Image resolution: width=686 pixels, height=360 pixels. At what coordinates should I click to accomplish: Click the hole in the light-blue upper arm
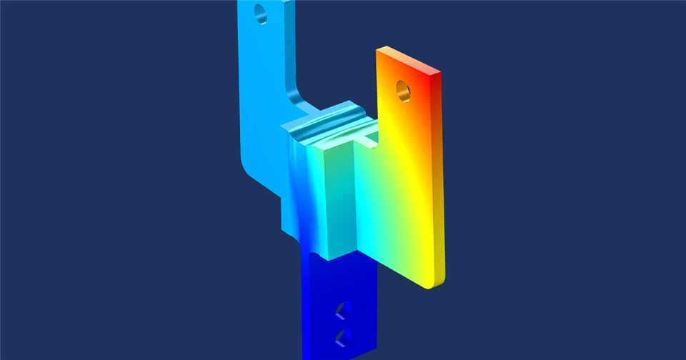260,12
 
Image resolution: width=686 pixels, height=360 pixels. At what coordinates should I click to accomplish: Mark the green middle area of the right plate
386,207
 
